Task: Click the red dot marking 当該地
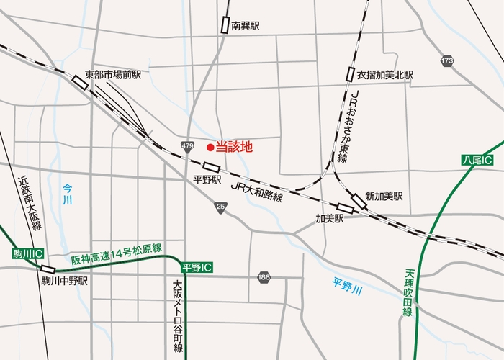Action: pos(210,148)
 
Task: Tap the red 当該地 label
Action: pos(235,147)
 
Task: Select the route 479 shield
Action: pos(188,146)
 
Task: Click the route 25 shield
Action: pos(220,207)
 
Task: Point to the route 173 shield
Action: pos(448,61)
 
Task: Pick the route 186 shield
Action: pos(264,276)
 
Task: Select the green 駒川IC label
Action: pos(29,253)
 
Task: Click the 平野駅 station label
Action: pos(207,180)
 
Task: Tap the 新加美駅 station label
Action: pos(384,196)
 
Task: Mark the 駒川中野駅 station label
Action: pos(64,282)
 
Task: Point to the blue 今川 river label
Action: pos(68,194)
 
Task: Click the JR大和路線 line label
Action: pos(258,190)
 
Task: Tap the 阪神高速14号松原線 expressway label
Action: pos(116,252)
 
